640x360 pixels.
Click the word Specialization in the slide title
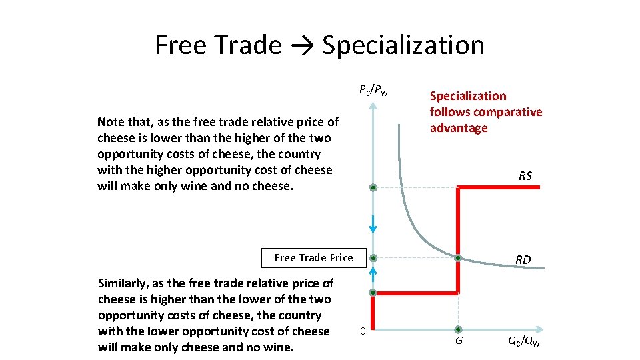(403, 45)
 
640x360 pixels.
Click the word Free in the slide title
(181, 45)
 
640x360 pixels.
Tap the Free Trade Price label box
(314, 258)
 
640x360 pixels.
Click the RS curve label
(525, 176)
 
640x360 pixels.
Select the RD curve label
(523, 260)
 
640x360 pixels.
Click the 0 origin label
(362, 331)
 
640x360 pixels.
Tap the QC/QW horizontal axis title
(523, 342)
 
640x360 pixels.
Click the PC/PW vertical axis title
(373, 89)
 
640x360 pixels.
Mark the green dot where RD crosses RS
(458, 258)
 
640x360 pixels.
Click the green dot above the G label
(458, 329)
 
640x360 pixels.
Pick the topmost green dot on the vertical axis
(373, 188)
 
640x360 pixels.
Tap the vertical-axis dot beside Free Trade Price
(373, 258)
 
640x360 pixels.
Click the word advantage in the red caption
(459, 128)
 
